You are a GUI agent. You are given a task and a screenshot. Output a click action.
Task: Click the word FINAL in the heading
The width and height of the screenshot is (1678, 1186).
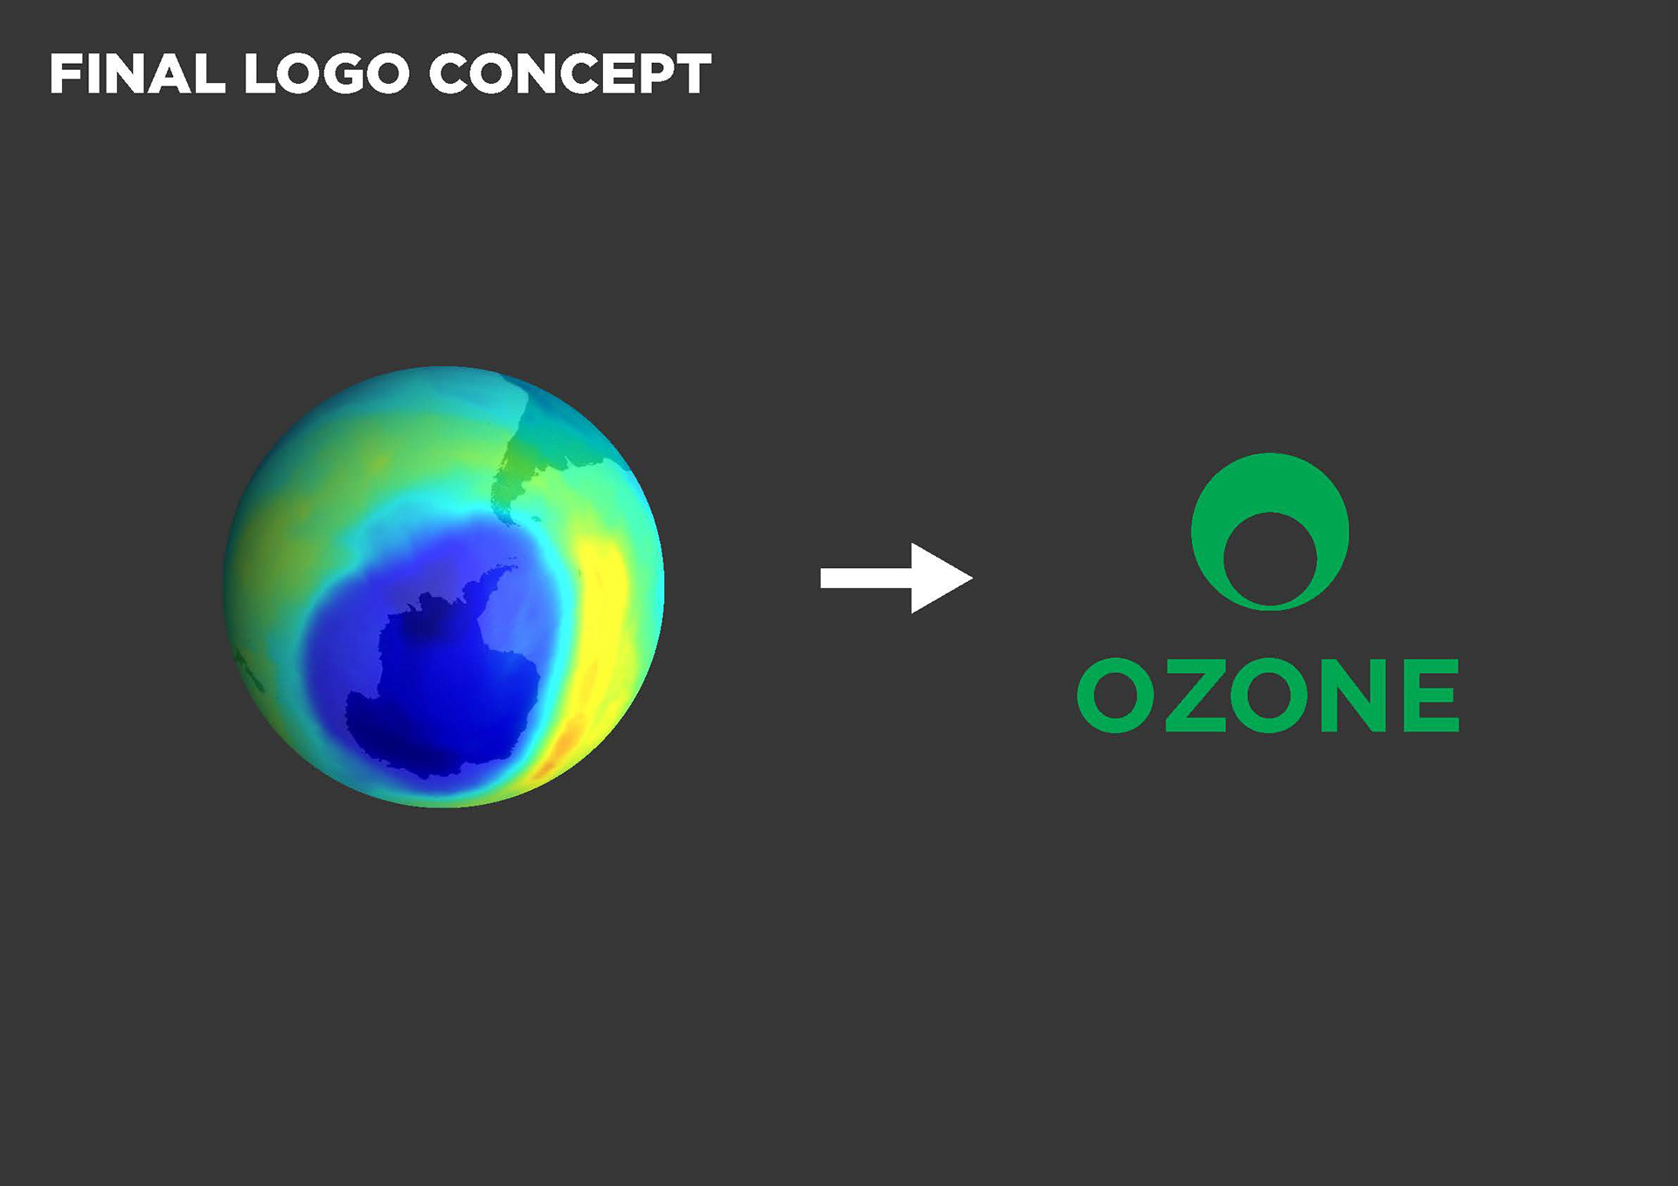137,73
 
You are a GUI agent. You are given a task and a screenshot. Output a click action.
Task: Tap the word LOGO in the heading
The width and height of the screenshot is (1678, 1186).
327,73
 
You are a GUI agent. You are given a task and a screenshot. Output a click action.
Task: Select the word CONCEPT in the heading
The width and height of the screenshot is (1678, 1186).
570,73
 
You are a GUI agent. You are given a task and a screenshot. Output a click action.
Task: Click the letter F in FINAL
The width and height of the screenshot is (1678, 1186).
64,73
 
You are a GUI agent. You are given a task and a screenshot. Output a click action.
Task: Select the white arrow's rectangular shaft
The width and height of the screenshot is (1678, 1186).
866,578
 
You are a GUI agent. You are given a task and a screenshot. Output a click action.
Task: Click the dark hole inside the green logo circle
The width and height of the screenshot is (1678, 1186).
1270,559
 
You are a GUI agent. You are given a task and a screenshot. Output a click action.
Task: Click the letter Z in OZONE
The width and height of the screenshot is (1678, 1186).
1195,696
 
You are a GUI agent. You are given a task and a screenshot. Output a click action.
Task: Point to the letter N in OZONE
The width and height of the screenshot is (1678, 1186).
1353,696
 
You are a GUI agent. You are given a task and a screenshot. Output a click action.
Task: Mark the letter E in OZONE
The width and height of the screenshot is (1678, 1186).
1432,696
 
